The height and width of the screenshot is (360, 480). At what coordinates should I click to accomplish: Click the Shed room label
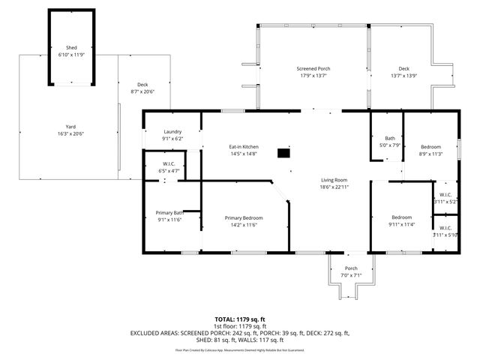click(72, 46)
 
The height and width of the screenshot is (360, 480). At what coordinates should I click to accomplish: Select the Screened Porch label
click(313, 68)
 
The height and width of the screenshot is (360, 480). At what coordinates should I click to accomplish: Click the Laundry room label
click(172, 132)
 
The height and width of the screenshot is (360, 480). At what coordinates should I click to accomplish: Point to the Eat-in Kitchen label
click(243, 146)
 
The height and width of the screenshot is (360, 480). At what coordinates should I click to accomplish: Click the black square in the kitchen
click(283, 153)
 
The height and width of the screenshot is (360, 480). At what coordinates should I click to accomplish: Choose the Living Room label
click(334, 179)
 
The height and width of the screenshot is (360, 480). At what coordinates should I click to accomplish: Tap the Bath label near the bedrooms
click(390, 138)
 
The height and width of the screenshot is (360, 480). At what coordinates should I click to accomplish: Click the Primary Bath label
click(169, 212)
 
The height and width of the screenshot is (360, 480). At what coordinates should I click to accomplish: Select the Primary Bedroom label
click(244, 217)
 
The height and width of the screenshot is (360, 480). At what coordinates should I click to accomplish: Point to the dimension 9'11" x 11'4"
click(401, 224)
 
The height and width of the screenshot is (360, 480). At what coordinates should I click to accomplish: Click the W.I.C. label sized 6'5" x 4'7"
click(169, 171)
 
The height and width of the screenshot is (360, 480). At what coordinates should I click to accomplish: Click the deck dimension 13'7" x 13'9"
click(404, 76)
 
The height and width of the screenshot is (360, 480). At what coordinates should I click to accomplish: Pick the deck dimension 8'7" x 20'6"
click(142, 91)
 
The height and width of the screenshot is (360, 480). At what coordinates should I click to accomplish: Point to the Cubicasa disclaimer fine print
click(239, 349)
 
